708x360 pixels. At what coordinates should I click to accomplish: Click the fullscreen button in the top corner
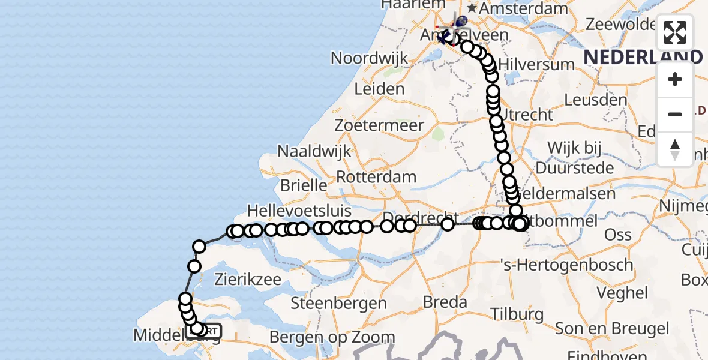pos(675,32)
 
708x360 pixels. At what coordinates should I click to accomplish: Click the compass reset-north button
pos(675,149)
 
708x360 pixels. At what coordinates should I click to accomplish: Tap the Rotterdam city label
pos(376,177)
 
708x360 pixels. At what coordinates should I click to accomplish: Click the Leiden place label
pos(379,89)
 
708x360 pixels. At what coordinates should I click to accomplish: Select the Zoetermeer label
pos(388,125)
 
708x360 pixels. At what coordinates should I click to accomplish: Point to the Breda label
pos(445,301)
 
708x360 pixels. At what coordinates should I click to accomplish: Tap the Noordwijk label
pos(369,58)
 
